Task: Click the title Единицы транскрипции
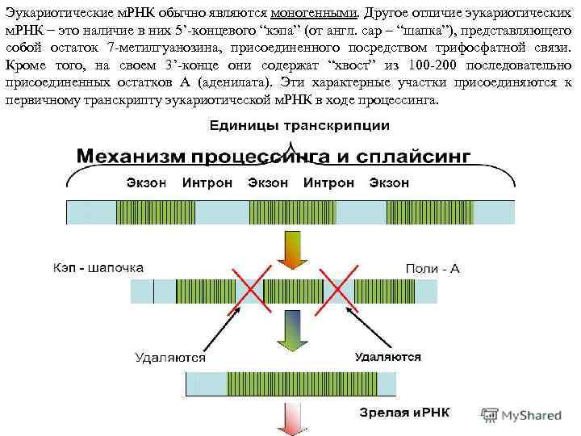[299, 126]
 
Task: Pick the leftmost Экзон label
[146, 183]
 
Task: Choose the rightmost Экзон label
[388, 183]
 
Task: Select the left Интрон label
[207, 183]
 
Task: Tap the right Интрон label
[328, 183]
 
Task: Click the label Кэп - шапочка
[98, 266]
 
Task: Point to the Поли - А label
[433, 267]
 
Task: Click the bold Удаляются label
[388, 355]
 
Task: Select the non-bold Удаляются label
[169, 356]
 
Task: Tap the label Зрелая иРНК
[405, 413]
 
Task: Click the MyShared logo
[521, 415]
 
